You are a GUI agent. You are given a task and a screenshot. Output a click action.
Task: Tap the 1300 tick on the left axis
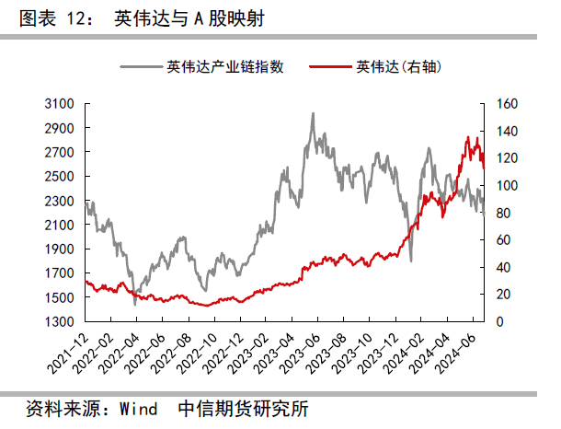click(x=61, y=321)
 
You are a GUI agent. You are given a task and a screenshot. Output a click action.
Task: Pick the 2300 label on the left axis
click(x=61, y=201)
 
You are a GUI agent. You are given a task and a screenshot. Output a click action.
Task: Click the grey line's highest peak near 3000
click(x=314, y=113)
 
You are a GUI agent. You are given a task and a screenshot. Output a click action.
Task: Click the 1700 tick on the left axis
click(x=61, y=273)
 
